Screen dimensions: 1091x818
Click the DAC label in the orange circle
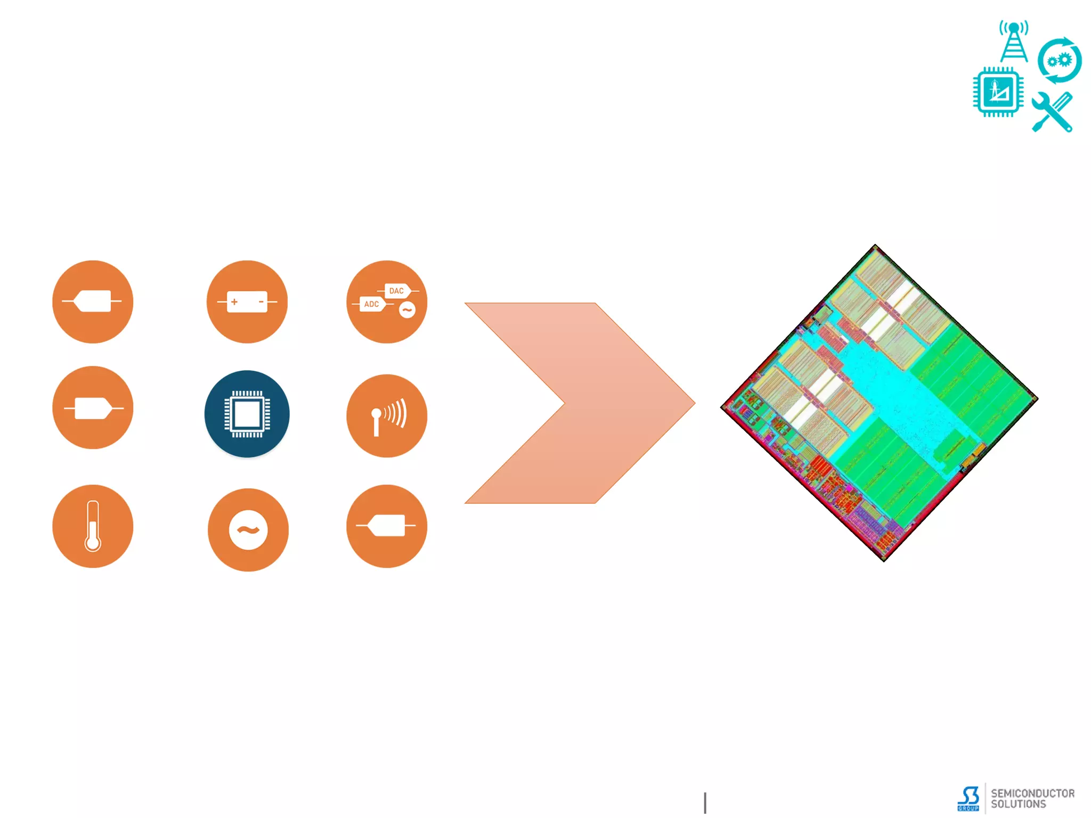[x=396, y=291]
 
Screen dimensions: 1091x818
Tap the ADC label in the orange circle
[x=371, y=304]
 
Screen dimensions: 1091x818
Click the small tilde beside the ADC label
[x=408, y=310]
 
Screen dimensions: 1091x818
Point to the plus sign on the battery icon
[x=234, y=302]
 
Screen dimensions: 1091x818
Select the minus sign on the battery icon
[x=261, y=302]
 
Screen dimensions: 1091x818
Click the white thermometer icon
[x=93, y=526]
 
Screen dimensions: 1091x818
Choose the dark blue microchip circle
[x=247, y=414]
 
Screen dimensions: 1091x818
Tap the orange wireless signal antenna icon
[x=387, y=416]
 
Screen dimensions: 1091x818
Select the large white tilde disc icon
[x=248, y=530]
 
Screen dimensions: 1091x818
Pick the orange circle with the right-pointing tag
[x=93, y=408]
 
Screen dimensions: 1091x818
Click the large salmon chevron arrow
[x=580, y=403]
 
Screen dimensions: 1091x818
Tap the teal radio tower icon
[x=1014, y=42]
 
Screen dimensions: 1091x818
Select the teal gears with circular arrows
[x=1060, y=60]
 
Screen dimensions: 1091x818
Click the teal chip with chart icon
[x=998, y=92]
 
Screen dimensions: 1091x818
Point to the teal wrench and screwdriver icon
[x=1052, y=112]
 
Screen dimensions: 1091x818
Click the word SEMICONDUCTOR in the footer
[x=1032, y=794]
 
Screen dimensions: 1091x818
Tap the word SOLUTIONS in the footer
[x=1018, y=804]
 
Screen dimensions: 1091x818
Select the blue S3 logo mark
[x=969, y=796]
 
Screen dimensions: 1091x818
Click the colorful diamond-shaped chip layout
[x=879, y=403]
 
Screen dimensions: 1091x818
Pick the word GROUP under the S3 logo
[x=968, y=808]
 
